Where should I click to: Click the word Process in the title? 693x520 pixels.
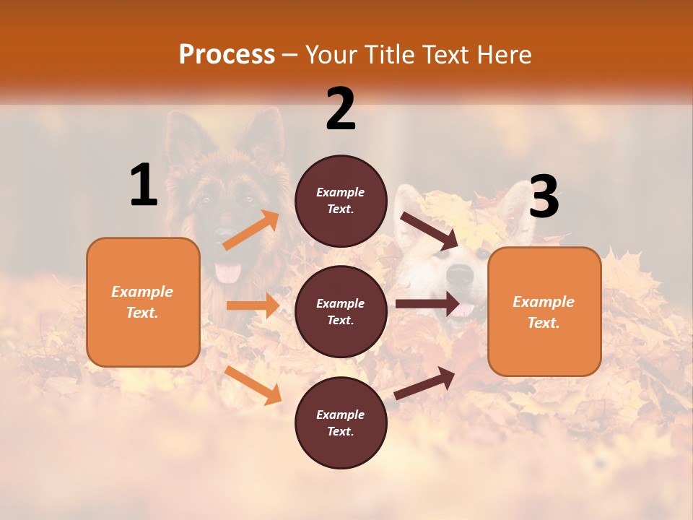pyautogui.click(x=227, y=55)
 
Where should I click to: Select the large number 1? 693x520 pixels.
pyautogui.click(x=144, y=185)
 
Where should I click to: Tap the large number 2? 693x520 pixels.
pyautogui.click(x=341, y=109)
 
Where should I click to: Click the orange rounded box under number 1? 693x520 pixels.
pyautogui.click(x=143, y=302)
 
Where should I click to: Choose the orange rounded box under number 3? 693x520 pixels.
pyautogui.click(x=544, y=311)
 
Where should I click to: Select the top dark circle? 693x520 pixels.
pyautogui.click(x=341, y=201)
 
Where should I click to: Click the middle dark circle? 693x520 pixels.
pyautogui.click(x=341, y=311)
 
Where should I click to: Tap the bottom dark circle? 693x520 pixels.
pyautogui.click(x=341, y=422)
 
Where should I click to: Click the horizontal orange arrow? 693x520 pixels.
pyautogui.click(x=253, y=305)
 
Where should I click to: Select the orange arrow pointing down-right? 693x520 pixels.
pyautogui.click(x=253, y=385)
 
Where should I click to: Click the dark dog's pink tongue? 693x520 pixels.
pyautogui.click(x=230, y=272)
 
